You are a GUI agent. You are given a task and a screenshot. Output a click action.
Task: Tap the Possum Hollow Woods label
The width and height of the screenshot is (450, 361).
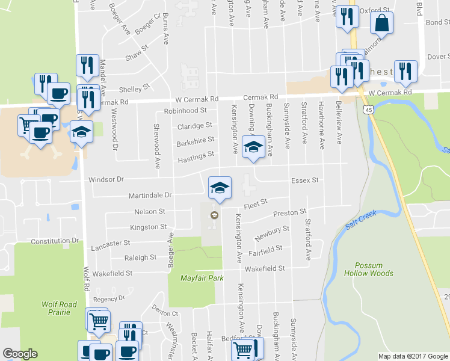click(369, 270)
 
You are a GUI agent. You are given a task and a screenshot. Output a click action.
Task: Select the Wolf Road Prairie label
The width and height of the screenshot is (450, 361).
click(60, 308)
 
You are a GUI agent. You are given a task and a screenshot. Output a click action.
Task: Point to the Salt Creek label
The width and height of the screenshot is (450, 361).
click(360, 222)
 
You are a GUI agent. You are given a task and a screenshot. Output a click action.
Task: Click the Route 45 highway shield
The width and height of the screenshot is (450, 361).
click(366, 110)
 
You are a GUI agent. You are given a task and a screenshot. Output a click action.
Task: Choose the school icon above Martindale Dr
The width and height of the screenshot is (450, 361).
click(220, 187)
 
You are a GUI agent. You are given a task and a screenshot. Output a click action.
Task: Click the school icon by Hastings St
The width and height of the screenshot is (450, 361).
click(253, 147)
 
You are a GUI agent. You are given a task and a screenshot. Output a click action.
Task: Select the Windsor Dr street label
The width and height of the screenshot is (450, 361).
click(106, 179)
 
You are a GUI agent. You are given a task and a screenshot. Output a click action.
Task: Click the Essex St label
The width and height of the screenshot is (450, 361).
click(304, 179)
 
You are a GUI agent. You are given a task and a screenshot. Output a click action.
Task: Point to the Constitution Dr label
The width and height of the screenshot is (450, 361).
click(55, 241)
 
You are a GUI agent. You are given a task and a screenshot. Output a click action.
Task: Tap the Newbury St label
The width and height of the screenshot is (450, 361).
click(272, 233)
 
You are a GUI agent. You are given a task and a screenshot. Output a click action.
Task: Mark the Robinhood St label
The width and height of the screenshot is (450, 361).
click(185, 111)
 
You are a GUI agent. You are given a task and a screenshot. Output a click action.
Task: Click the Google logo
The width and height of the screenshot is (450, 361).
click(20, 354)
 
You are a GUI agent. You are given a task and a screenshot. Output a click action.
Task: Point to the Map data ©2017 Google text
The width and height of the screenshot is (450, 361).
click(413, 356)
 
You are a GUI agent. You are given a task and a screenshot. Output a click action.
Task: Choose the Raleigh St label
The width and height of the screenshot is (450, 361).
click(140, 258)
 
